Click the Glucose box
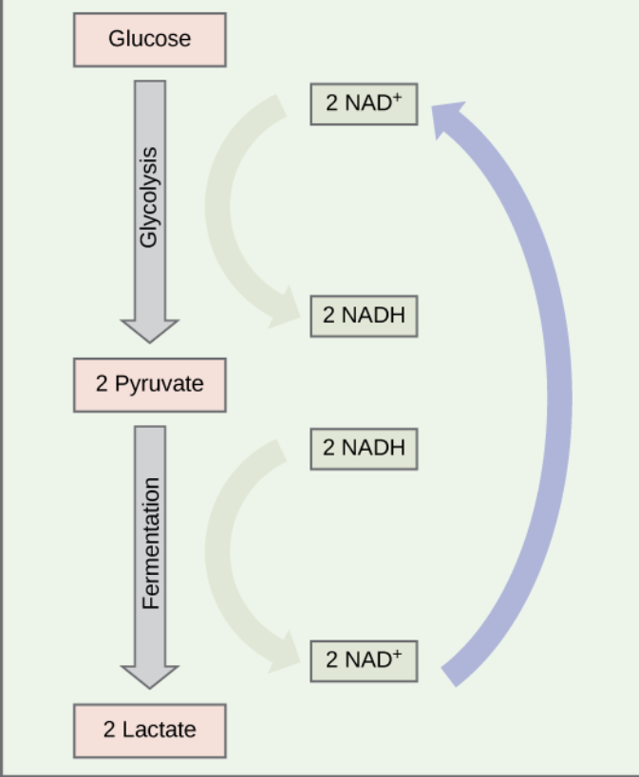(x=149, y=40)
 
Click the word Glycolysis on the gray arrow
(x=149, y=195)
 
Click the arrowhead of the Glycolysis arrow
(x=149, y=330)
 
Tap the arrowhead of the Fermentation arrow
(x=149, y=675)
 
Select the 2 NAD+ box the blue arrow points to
(x=363, y=103)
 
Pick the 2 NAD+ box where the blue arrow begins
(x=363, y=659)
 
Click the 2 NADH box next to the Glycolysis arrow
(x=363, y=315)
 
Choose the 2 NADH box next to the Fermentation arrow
(x=363, y=446)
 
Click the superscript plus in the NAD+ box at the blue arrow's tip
(x=396, y=97)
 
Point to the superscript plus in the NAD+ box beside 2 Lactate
(x=396, y=653)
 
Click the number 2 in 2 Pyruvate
(x=102, y=384)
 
